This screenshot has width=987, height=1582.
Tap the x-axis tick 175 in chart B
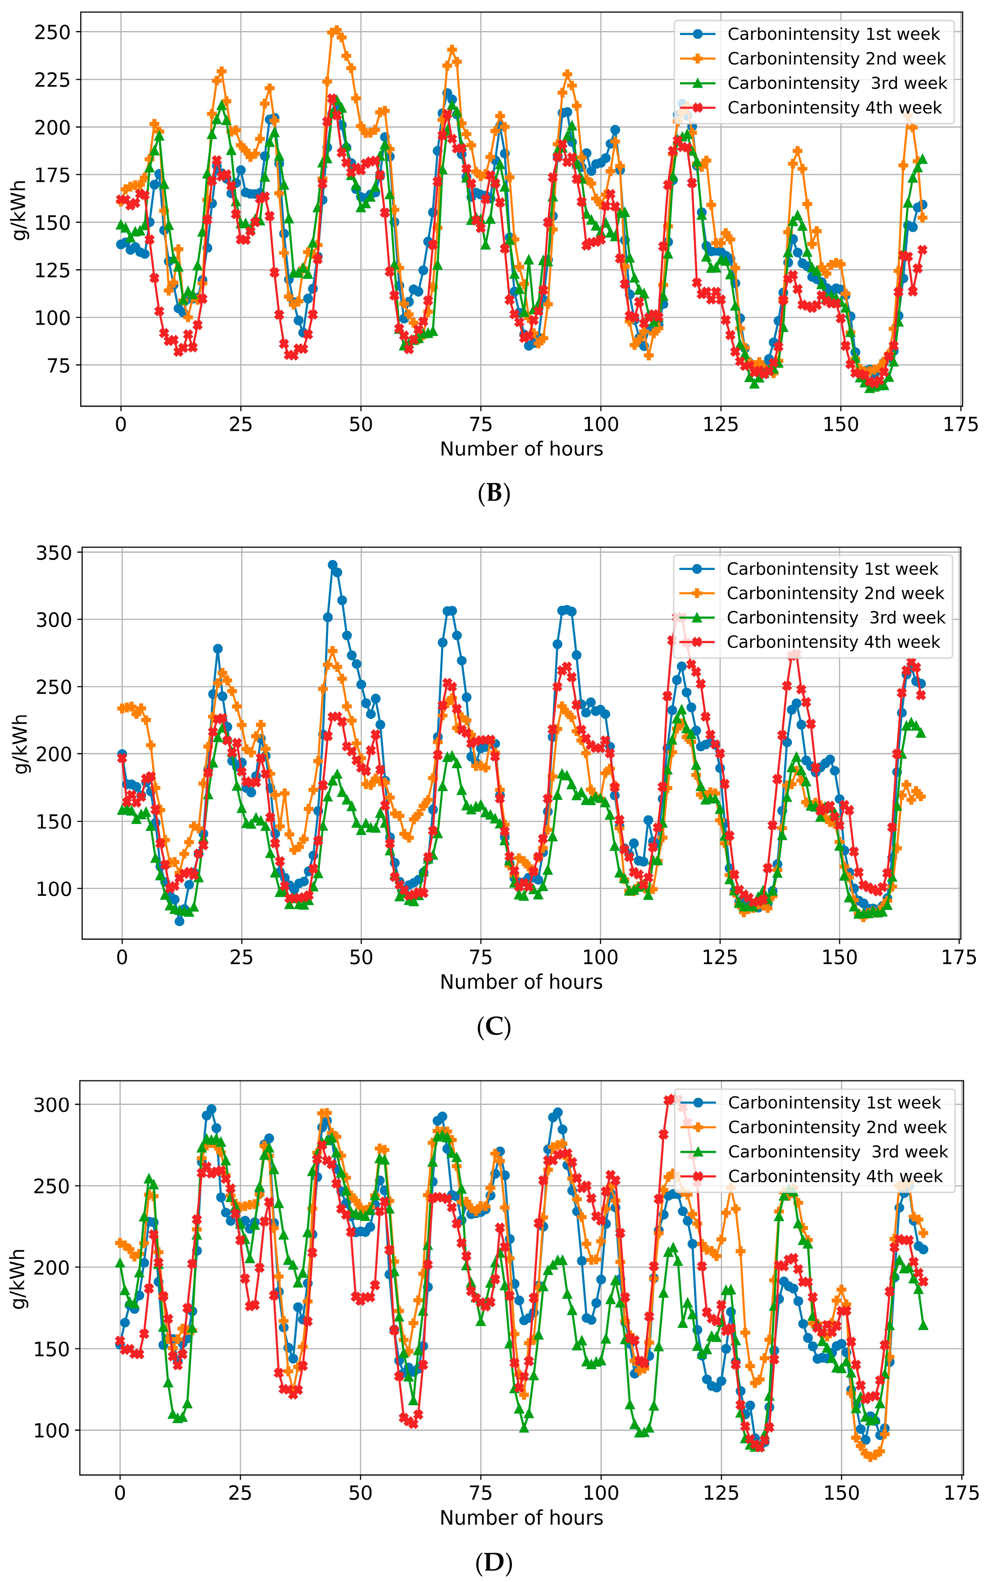961,425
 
